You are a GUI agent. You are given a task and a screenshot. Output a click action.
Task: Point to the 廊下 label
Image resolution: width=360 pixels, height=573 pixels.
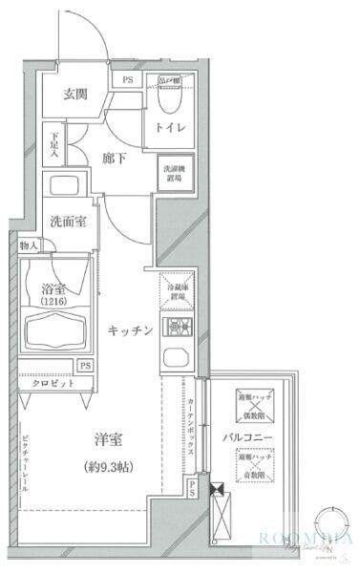(x=115, y=159)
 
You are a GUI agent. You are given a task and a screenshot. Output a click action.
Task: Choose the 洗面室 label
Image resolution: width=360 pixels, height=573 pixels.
(x=69, y=222)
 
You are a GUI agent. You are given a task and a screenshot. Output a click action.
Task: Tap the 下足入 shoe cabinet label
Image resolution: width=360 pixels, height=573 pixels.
(x=54, y=143)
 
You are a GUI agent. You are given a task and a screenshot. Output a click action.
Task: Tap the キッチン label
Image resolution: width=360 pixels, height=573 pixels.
(x=130, y=330)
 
